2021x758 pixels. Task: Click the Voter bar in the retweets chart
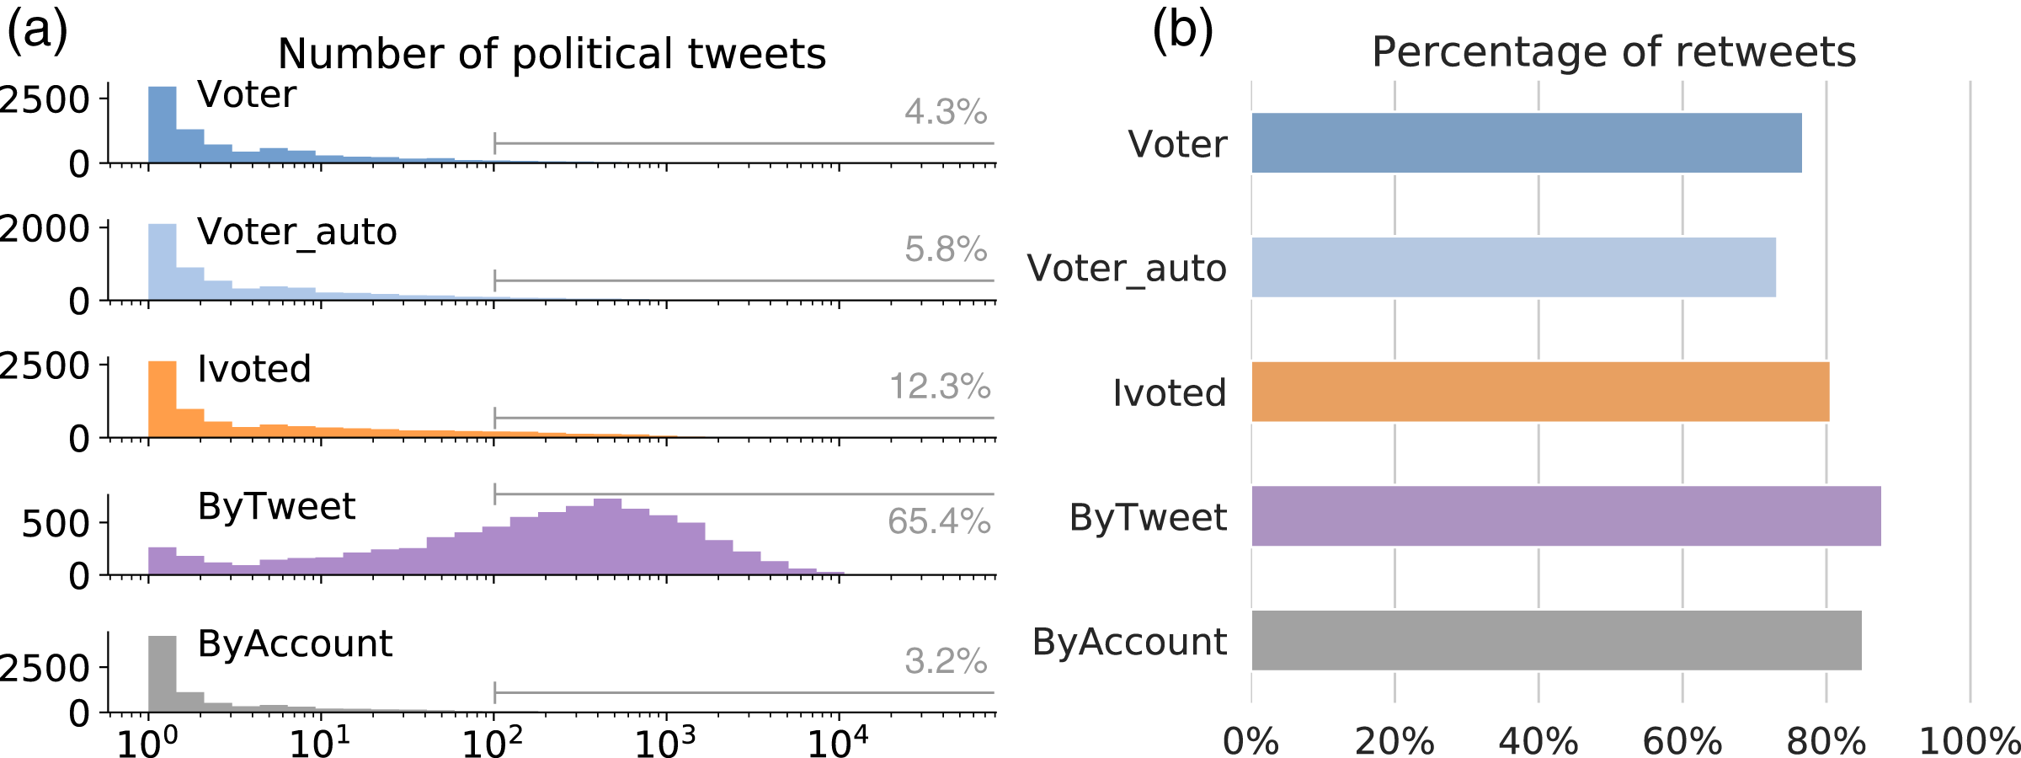[x=1526, y=143]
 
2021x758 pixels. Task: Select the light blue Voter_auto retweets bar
[x=1513, y=267]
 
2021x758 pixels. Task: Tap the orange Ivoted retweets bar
[x=1540, y=392]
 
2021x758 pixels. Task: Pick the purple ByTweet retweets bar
[x=1565, y=516]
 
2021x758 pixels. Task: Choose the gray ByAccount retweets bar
[x=1556, y=641]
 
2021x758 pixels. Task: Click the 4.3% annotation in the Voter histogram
[x=946, y=112]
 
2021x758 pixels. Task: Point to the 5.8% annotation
[x=946, y=249]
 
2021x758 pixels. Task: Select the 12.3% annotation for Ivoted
[x=940, y=387]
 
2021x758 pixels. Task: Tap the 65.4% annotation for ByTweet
[x=939, y=521]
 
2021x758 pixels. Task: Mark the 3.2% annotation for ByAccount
[x=946, y=661]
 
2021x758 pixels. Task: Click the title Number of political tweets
[x=552, y=54]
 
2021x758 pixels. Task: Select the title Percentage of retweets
[x=1613, y=52]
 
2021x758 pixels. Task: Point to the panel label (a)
[x=37, y=32]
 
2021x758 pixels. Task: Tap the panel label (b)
[x=1182, y=32]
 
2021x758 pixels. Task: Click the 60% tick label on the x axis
[x=1682, y=742]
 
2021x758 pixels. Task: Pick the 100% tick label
[x=1969, y=742]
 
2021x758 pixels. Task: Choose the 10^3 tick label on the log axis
[x=665, y=742]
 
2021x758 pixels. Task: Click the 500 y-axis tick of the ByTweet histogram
[x=56, y=524]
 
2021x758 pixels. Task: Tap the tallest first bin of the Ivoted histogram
[x=163, y=399]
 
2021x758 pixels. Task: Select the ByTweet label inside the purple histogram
[x=276, y=506]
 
